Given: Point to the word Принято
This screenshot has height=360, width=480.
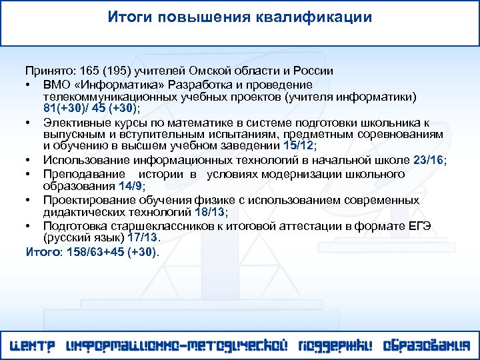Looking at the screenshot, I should click(49, 70).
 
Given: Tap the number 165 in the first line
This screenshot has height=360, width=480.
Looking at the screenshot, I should click(89, 70).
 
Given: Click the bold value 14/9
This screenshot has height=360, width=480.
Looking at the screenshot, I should click(131, 187).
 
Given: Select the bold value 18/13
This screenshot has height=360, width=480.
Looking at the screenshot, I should click(209, 212).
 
